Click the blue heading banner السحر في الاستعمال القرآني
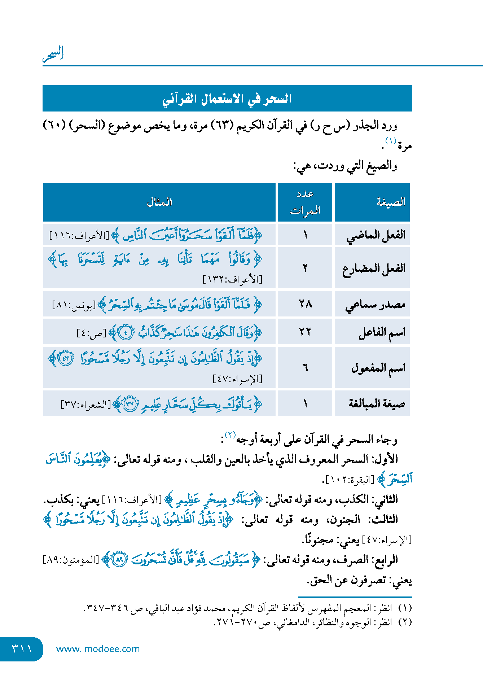(227, 99)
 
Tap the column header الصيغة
(391, 202)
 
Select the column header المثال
(159, 202)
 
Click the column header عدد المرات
(305, 202)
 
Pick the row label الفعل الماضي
(376, 235)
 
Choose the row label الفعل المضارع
(374, 268)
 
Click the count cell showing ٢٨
(305, 304)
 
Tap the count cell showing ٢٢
(305, 332)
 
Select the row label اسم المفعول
(378, 368)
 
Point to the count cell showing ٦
(305, 368)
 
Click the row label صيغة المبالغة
(377, 403)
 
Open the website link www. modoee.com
(98, 649)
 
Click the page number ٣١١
(22, 649)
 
